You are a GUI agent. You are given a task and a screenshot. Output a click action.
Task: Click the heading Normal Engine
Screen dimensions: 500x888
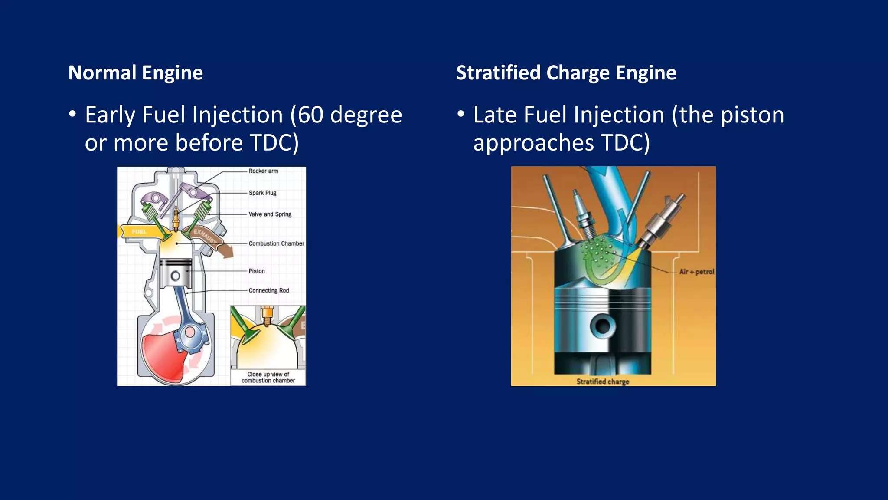click(135, 73)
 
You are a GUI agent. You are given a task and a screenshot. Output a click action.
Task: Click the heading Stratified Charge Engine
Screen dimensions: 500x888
click(566, 73)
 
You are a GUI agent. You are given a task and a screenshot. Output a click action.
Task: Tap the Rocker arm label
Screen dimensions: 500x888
click(263, 171)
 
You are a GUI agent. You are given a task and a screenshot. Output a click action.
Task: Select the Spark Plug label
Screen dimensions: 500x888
click(262, 193)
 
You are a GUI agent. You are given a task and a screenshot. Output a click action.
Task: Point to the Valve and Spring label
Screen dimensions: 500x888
click(270, 214)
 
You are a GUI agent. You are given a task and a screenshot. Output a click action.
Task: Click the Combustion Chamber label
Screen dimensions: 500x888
click(276, 243)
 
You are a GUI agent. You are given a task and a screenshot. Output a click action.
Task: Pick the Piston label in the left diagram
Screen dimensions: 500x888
click(256, 271)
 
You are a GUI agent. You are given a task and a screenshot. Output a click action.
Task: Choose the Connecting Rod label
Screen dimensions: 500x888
click(268, 290)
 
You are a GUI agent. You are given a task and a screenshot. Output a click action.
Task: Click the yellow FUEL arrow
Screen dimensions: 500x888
click(138, 232)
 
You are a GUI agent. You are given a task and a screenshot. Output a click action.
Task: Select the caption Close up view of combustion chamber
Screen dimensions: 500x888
click(268, 377)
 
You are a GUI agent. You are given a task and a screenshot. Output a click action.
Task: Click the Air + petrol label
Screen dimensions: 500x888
click(696, 272)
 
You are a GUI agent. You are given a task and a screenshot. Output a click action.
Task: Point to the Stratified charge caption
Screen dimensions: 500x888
click(603, 382)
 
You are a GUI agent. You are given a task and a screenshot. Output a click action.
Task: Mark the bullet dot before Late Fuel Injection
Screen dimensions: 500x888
click(461, 114)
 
